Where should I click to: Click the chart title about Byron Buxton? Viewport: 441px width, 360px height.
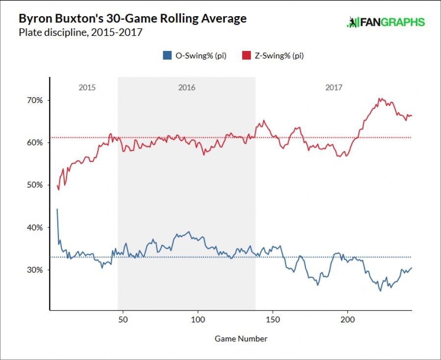132,19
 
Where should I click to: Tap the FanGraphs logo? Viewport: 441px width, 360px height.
385,22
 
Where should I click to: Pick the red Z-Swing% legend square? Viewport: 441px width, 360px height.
245,56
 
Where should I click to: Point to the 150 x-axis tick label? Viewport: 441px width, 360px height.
273,319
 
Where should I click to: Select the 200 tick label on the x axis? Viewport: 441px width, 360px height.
348,319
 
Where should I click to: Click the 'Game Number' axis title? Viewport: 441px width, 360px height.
241,338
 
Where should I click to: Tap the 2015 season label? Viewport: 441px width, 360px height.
87,88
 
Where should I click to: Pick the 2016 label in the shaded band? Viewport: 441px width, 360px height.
187,88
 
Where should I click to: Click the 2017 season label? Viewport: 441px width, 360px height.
334,88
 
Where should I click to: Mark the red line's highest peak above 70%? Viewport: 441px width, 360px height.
380,98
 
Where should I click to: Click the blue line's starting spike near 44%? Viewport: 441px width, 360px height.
57,209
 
